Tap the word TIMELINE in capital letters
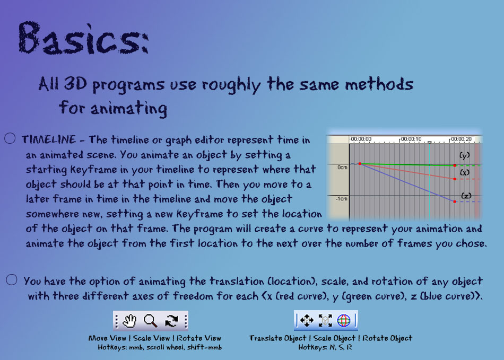click(x=49, y=139)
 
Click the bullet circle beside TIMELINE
click(x=10, y=138)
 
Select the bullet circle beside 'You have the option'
click(x=12, y=280)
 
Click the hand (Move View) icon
click(x=130, y=320)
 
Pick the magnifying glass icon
click(x=151, y=320)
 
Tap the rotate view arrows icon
click(x=172, y=320)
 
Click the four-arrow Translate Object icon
click(x=307, y=320)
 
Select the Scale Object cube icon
click(x=325, y=320)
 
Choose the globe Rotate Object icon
click(x=343, y=320)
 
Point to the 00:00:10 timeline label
click(x=411, y=139)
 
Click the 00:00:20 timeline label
click(x=461, y=139)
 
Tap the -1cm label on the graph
click(x=341, y=199)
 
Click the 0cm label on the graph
click(x=342, y=168)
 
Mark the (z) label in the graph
click(x=466, y=195)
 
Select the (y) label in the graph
click(x=464, y=155)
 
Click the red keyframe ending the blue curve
click(x=455, y=201)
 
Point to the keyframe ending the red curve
click(x=455, y=179)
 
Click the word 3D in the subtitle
click(x=75, y=83)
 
